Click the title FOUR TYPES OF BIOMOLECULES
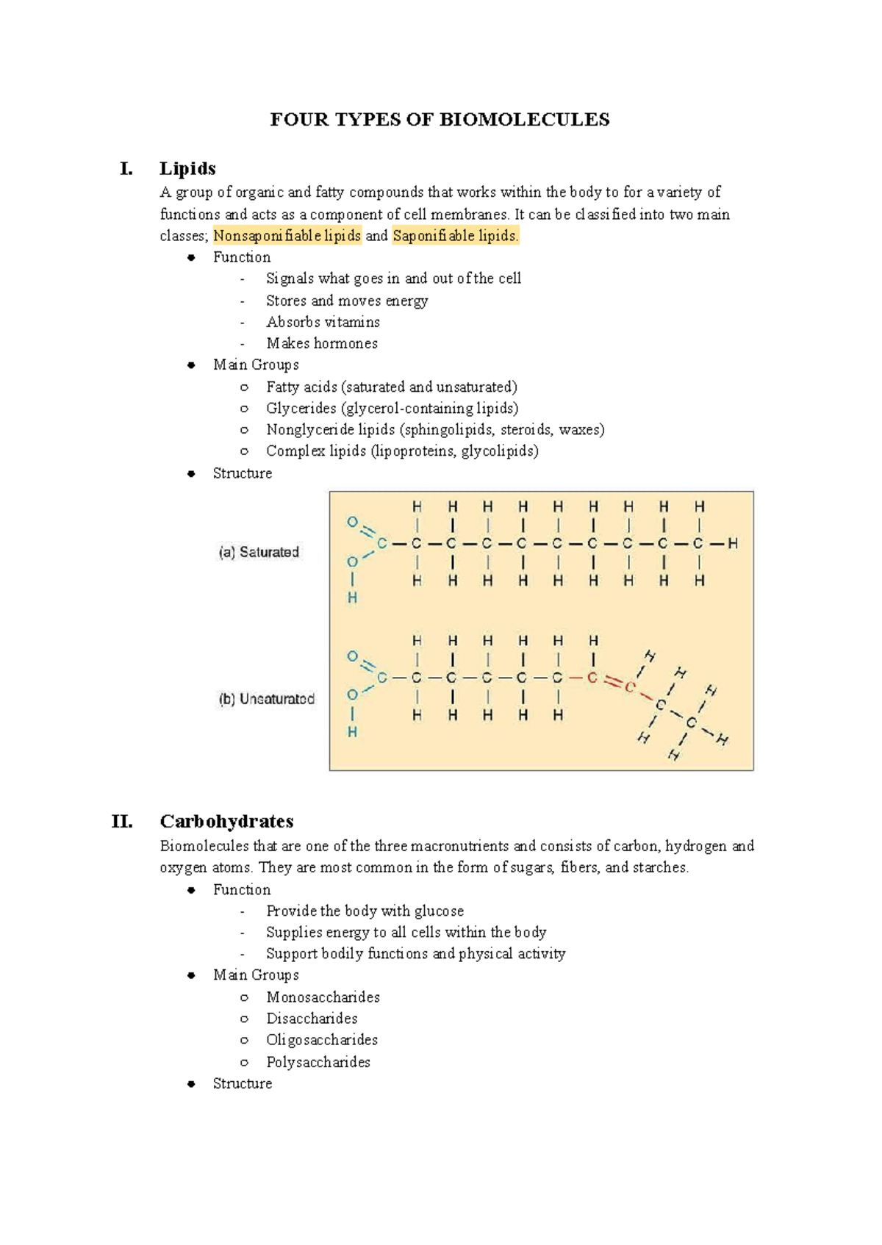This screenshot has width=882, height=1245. click(440, 120)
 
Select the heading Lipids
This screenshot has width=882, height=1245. click(187, 168)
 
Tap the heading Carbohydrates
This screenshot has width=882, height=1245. click(226, 821)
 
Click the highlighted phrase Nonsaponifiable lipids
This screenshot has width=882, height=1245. click(287, 236)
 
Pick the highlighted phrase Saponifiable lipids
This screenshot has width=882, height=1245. click(455, 236)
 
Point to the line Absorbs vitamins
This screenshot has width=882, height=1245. click(323, 322)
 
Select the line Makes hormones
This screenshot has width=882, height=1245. click(322, 343)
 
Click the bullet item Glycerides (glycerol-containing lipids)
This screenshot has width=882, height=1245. click(392, 408)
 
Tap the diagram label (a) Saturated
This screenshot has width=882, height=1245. click(259, 552)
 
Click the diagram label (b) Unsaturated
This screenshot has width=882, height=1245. click(266, 699)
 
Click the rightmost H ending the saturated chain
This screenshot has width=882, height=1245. click(733, 544)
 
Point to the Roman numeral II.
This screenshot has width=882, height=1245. click(122, 821)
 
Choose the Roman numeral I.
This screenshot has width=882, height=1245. click(126, 168)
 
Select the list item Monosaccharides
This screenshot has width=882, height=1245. click(323, 997)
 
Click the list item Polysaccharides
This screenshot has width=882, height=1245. click(318, 1062)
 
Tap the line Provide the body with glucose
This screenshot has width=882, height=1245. click(365, 911)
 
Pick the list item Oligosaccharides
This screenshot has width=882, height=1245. click(322, 1040)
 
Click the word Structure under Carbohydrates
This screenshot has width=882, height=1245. click(242, 1083)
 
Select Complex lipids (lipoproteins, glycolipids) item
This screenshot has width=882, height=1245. click(402, 451)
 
